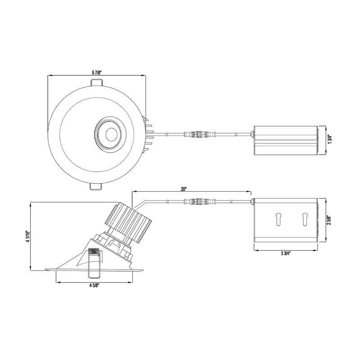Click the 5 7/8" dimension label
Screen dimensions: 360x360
pyautogui.click(x=97, y=72)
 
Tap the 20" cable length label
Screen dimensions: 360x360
pyautogui.click(x=184, y=189)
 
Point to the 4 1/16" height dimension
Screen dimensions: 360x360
pyautogui.click(x=27, y=237)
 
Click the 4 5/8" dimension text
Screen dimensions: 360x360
pyautogui.click(x=94, y=285)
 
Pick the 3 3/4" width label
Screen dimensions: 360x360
pyautogui.click(x=285, y=254)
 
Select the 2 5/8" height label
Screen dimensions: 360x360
pyautogui.click(x=330, y=220)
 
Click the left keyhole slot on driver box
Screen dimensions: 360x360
pyautogui.click(x=279, y=219)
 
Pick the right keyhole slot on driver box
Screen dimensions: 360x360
pyautogui.click(x=305, y=219)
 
